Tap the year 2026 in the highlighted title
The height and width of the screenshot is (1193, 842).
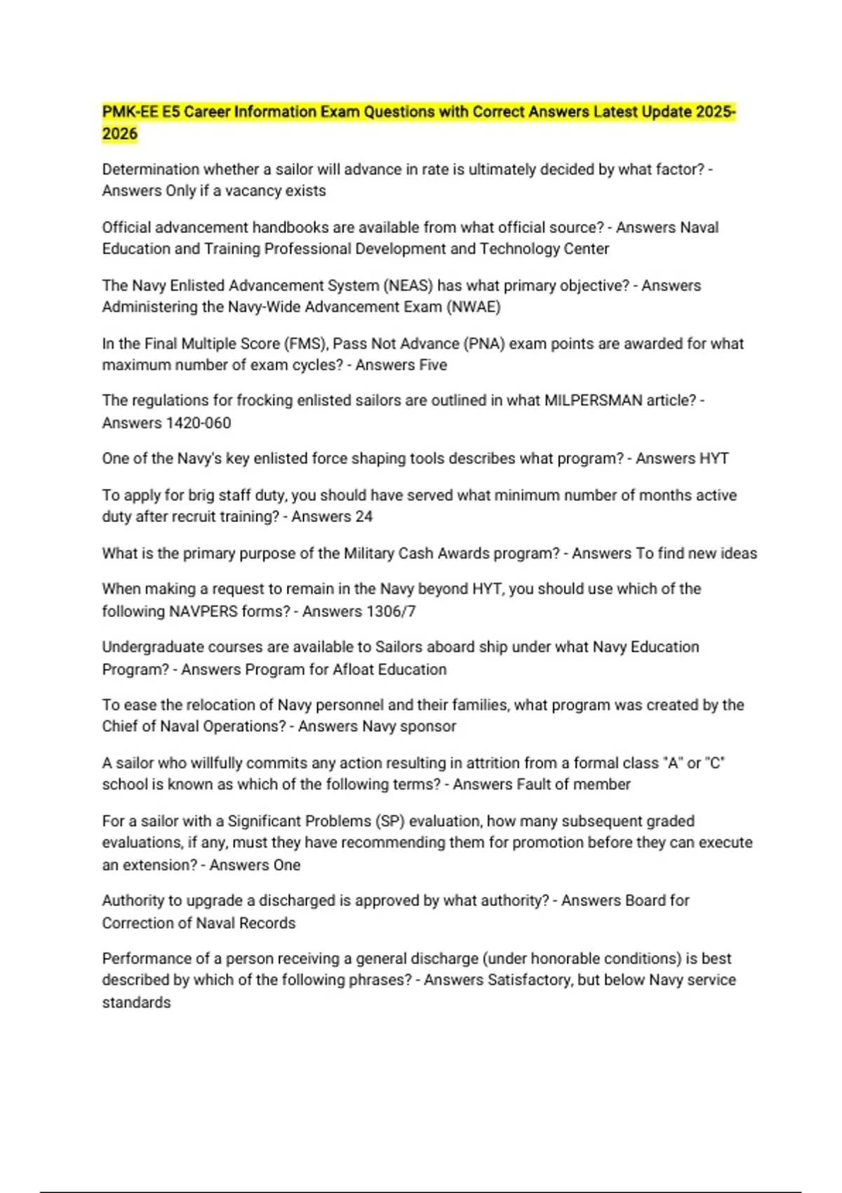pyautogui.click(x=119, y=133)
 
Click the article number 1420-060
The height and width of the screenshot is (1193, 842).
pyautogui.click(x=199, y=423)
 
